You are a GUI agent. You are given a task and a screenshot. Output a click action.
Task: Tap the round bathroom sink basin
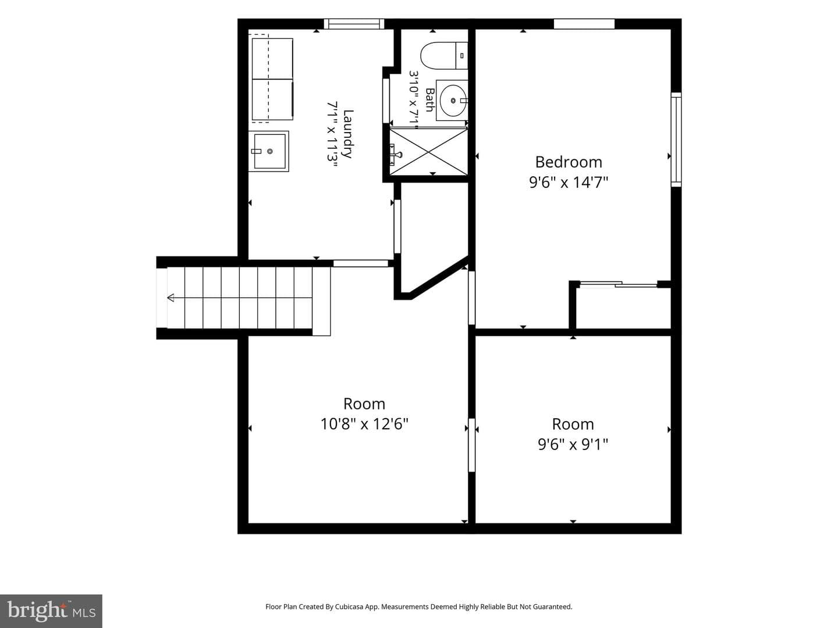453,101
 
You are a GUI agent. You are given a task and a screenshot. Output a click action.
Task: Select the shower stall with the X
428,152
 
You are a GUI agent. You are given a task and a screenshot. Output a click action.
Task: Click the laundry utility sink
269,151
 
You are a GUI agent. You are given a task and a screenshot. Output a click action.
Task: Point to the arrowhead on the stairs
171,298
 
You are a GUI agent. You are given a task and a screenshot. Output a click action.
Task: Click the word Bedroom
569,162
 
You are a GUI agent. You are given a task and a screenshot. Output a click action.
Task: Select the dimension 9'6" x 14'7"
569,182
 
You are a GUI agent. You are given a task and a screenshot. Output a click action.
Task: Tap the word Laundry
347,134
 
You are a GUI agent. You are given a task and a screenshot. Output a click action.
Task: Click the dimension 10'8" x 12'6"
364,424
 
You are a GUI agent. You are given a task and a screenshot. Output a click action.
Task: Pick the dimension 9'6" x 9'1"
573,444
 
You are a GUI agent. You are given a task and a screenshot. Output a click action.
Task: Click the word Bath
430,100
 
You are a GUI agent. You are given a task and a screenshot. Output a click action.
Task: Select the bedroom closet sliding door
619,284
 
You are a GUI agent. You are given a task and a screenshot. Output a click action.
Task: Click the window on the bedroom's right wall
676,140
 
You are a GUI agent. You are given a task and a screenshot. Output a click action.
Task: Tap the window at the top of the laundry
354,24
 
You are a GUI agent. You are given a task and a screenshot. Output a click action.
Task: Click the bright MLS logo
51,611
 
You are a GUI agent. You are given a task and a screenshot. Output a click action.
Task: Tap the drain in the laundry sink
270,151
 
